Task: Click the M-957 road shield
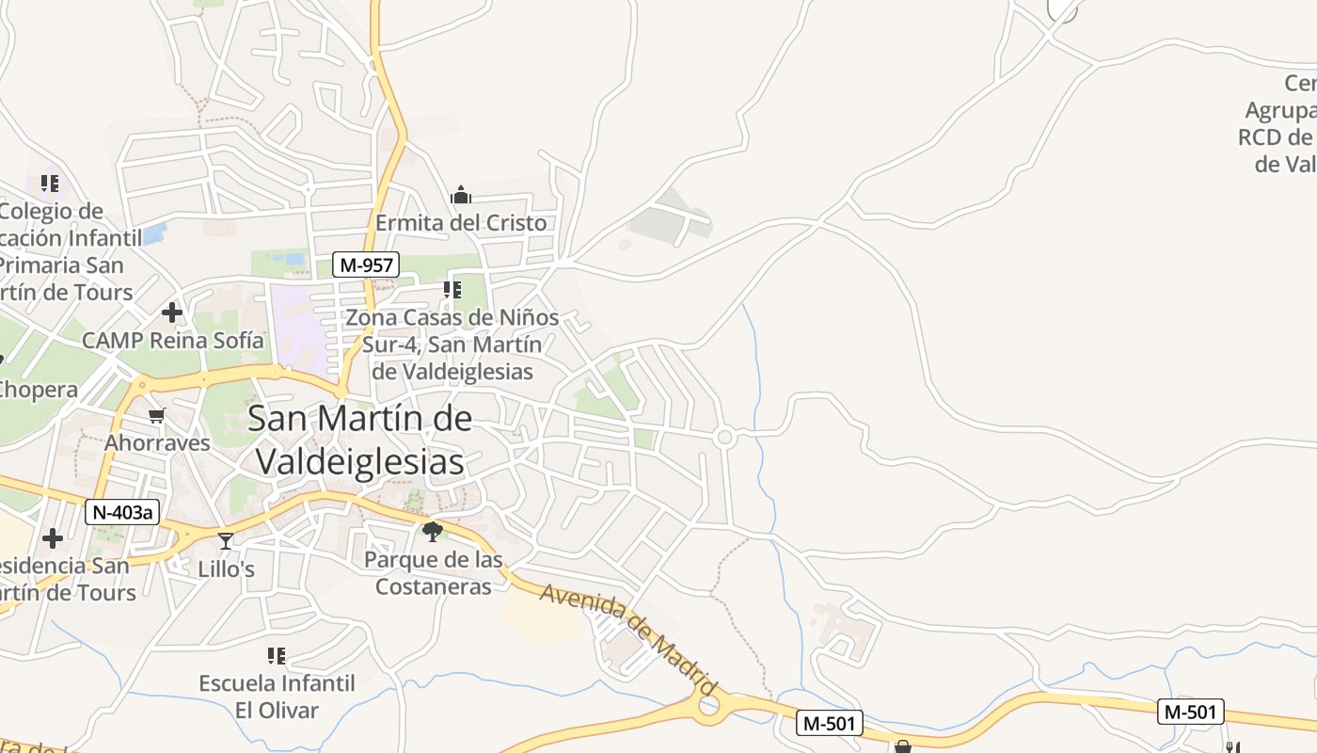366,264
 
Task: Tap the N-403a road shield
122,512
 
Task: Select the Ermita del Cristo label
461,223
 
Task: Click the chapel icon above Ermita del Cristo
461,195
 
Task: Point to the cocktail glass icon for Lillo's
226,540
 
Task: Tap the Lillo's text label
226,569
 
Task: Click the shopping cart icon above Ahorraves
157,415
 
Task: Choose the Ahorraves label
157,442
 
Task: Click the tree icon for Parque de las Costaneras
433,532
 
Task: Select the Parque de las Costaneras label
434,573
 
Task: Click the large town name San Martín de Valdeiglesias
360,440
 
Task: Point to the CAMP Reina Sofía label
173,340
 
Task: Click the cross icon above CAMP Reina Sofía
172,312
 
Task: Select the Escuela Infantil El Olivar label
277,697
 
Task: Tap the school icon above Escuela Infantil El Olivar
277,655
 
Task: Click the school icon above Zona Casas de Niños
452,290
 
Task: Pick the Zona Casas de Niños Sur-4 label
452,344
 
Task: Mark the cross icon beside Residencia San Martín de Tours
53,538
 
